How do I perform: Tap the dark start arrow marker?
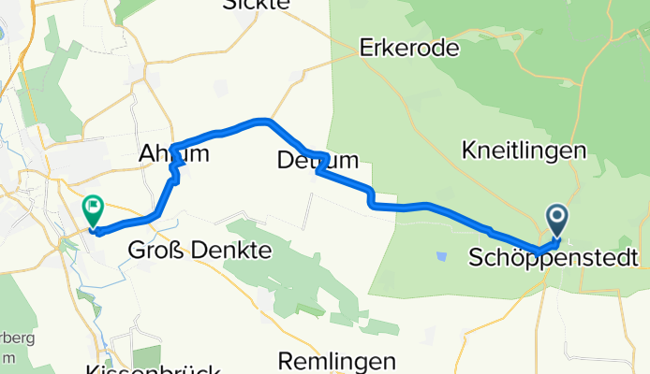(x=557, y=221)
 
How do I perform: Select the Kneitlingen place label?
(x=524, y=150)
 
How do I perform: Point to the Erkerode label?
(x=410, y=49)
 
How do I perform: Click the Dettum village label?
(x=318, y=161)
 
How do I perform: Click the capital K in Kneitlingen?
(x=469, y=150)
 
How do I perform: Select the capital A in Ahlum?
(x=147, y=153)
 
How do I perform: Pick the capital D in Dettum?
(x=287, y=161)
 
